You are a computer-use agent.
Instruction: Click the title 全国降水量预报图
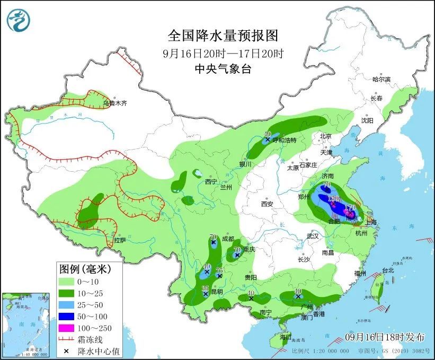pos(223,36)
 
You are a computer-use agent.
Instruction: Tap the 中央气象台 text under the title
pos(223,68)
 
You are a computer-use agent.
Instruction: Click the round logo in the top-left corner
pos(19,20)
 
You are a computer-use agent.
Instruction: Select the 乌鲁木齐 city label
pos(115,103)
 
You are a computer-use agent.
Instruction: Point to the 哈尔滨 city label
pos(381,79)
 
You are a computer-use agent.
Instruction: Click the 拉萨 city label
pos(120,240)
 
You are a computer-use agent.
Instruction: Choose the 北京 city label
pos(325,136)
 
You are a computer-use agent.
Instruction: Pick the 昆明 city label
pos(216,292)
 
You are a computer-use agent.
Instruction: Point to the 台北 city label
pos(388,270)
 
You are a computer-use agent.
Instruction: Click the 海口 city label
pos(286,337)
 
